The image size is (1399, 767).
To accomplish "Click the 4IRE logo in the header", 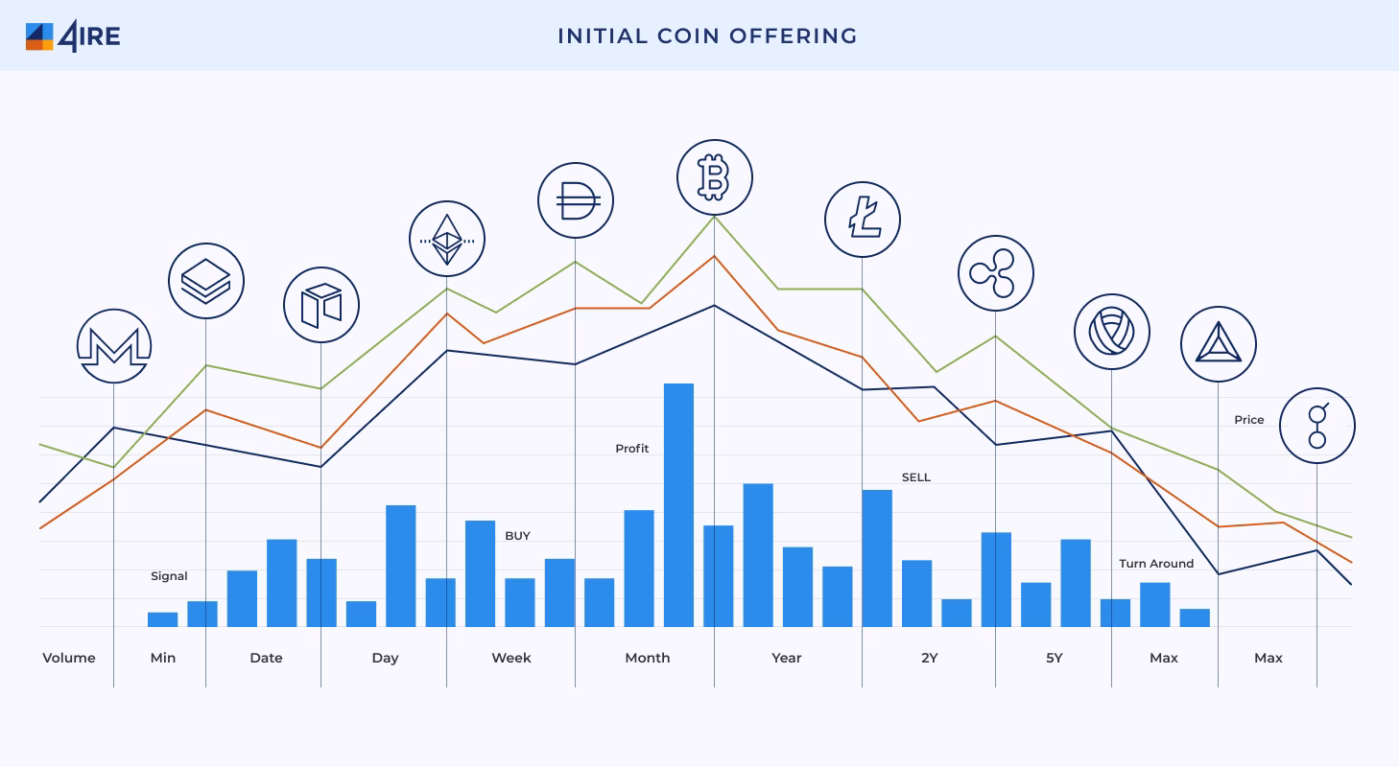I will [x=73, y=36].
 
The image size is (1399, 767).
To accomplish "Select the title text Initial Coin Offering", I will [x=707, y=36].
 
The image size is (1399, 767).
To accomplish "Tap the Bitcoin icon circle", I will [x=714, y=177].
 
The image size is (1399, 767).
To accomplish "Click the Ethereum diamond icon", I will [x=446, y=239].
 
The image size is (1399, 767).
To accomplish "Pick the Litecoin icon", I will [x=862, y=220].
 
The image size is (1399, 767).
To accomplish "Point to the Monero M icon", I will [x=114, y=346].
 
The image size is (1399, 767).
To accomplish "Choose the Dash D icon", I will [x=575, y=200].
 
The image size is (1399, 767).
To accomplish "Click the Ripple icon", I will [x=995, y=273].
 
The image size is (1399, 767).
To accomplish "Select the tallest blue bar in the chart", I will [x=678, y=504].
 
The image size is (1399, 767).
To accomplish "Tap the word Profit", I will [x=631, y=449].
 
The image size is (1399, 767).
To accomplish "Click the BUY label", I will [x=517, y=536].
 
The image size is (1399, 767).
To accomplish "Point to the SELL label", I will [x=915, y=477].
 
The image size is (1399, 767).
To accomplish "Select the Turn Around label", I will [x=1155, y=564].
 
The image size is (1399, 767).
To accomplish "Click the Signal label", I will [x=169, y=576].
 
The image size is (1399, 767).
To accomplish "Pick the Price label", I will [x=1248, y=420].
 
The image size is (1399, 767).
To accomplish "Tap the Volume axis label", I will [x=69, y=658].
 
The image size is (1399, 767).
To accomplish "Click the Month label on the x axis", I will [x=647, y=658].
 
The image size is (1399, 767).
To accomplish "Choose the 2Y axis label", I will [x=929, y=658].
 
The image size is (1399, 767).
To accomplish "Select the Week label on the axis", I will [x=510, y=658].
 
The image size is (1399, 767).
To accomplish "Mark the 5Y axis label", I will [x=1054, y=658].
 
